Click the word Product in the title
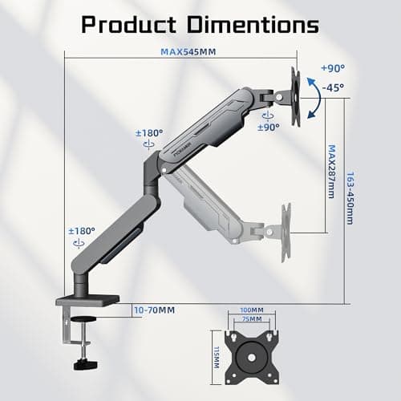[129, 25]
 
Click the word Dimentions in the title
[253, 25]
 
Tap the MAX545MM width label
[188, 51]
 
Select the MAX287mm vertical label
[331, 172]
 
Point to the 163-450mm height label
[350, 198]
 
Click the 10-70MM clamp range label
[155, 310]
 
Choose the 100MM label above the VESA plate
[252, 310]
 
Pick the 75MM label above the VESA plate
[252, 318]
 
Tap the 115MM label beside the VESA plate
[217, 358]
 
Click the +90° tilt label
[333, 68]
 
